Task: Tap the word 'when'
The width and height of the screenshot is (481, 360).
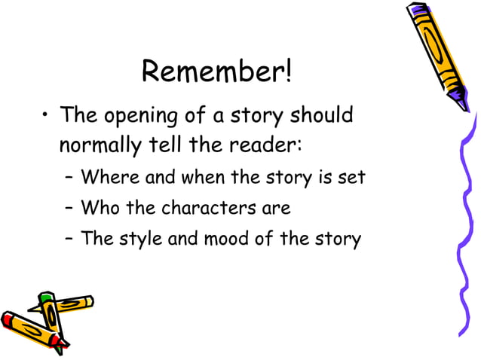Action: pyautogui.click(x=198, y=178)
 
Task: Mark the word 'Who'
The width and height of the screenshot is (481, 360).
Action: pyautogui.click(x=97, y=207)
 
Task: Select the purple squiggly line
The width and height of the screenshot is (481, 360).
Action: pyautogui.click(x=461, y=226)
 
